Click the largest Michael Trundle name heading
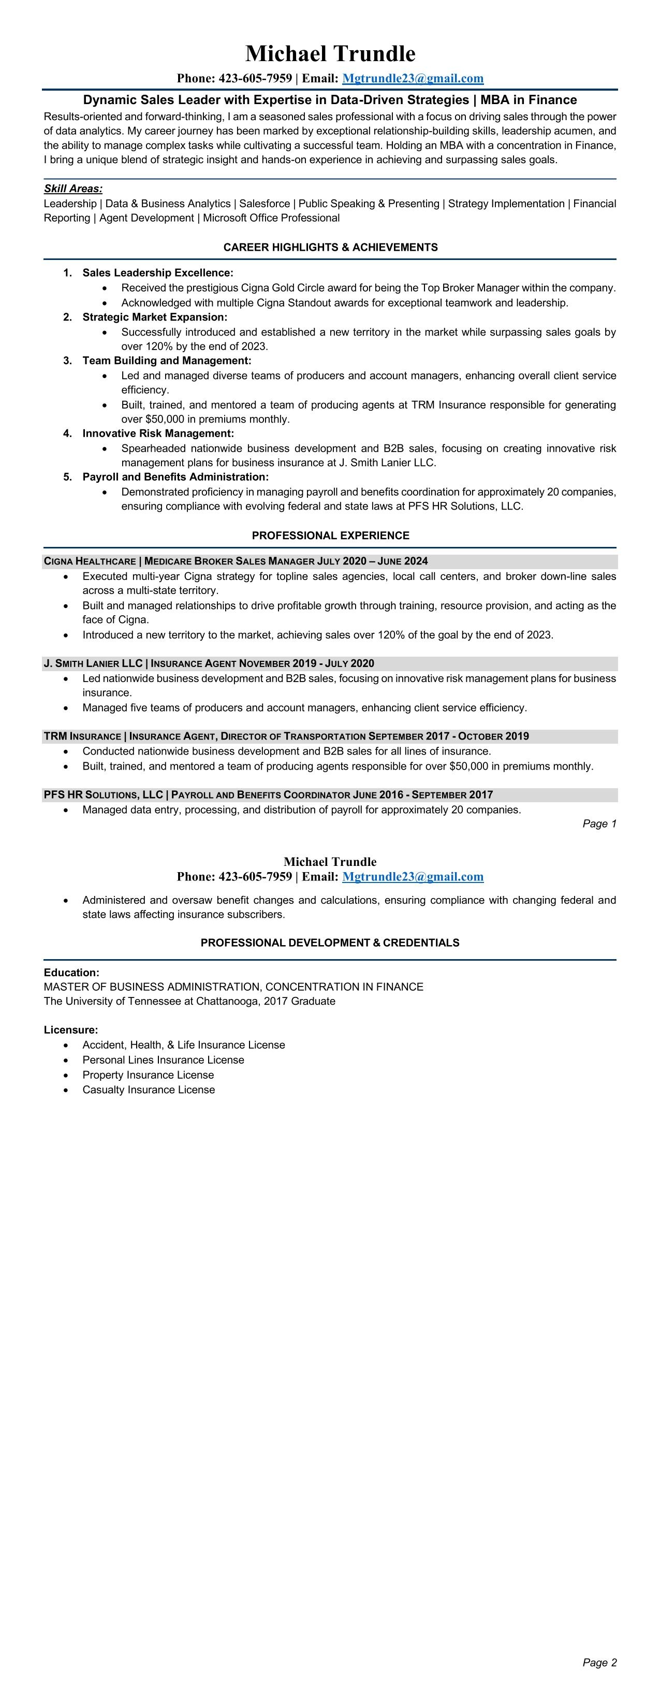click(x=330, y=54)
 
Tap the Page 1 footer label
click(x=599, y=823)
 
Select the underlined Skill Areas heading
click(x=73, y=189)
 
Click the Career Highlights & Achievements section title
click(x=330, y=248)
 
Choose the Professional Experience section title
click(x=330, y=535)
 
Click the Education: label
click(x=71, y=972)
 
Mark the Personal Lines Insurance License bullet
click(x=163, y=1060)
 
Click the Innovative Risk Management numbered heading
click(x=158, y=433)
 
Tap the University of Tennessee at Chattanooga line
click(x=189, y=1001)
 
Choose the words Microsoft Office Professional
click(x=271, y=218)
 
